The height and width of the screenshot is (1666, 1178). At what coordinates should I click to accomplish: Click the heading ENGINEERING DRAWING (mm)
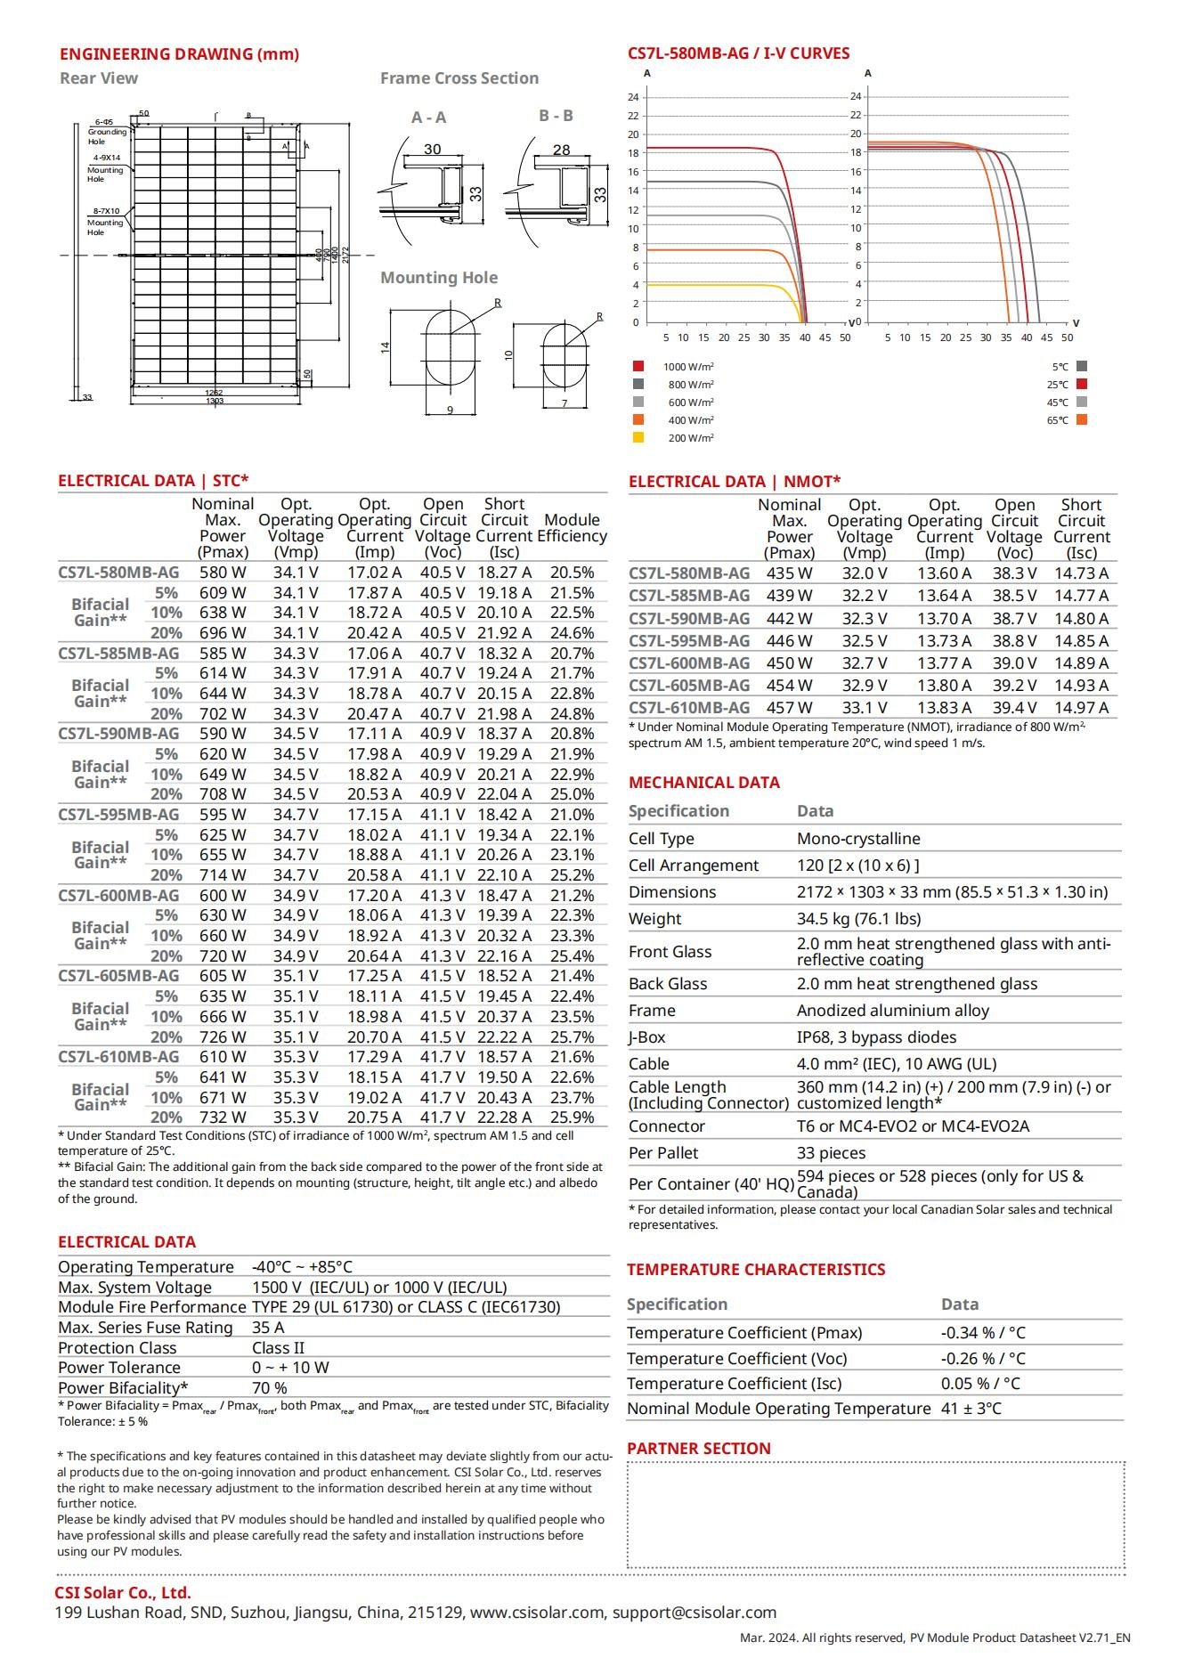pyautogui.click(x=179, y=54)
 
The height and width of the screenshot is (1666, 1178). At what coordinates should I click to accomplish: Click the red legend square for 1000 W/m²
pyautogui.click(x=638, y=366)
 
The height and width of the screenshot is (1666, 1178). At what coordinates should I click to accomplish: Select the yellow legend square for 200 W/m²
pyautogui.click(x=638, y=437)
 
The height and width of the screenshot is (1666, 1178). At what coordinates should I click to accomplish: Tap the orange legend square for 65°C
pyautogui.click(x=1081, y=419)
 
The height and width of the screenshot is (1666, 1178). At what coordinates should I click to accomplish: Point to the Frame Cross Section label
pyautogui.click(x=459, y=78)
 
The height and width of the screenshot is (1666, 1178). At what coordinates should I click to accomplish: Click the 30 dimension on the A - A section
pyautogui.click(x=432, y=149)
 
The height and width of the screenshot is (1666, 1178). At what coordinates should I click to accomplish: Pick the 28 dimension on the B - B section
pyautogui.click(x=561, y=150)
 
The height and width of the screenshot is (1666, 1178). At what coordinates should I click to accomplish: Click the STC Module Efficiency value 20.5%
pyautogui.click(x=572, y=573)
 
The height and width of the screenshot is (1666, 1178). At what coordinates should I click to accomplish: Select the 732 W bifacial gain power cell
pyautogui.click(x=223, y=1117)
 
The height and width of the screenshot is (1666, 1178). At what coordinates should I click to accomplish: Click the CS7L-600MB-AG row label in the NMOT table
pyautogui.click(x=689, y=663)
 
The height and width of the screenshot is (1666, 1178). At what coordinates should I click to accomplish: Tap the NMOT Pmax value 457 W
pyautogui.click(x=789, y=708)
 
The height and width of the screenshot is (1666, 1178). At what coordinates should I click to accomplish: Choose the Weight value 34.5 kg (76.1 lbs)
pyautogui.click(x=858, y=919)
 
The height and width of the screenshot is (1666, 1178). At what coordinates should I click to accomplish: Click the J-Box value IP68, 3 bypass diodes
pyautogui.click(x=876, y=1037)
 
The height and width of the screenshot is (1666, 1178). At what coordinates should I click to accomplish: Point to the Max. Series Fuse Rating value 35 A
pyautogui.click(x=268, y=1328)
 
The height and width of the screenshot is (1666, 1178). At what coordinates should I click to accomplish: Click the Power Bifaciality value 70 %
pyautogui.click(x=269, y=1388)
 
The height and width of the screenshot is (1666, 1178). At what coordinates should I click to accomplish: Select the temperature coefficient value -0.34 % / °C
pyautogui.click(x=983, y=1333)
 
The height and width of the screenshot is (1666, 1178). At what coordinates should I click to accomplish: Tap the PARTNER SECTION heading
pyautogui.click(x=698, y=1449)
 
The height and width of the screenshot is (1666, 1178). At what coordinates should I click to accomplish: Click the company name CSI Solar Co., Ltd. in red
pyautogui.click(x=123, y=1593)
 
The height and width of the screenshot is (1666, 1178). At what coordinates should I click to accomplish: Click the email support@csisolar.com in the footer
pyautogui.click(x=694, y=1613)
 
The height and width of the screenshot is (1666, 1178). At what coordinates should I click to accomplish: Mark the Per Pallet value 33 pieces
pyautogui.click(x=831, y=1153)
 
